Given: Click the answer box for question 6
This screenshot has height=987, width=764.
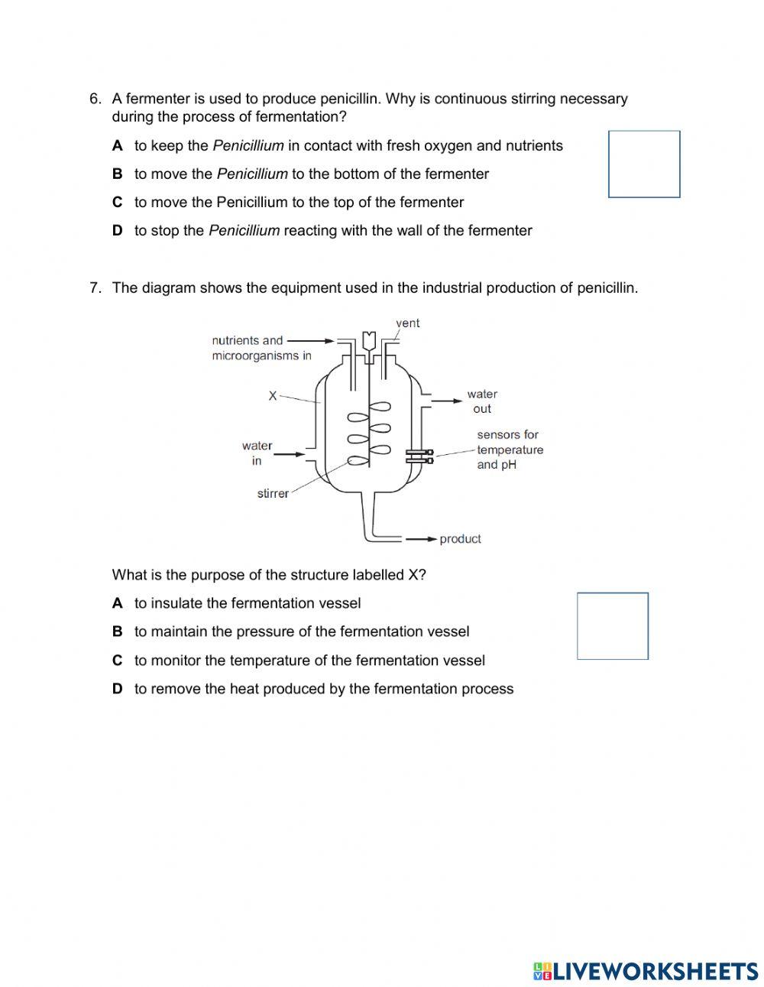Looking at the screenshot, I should (644, 164).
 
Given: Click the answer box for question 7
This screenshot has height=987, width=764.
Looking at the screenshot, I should (613, 625).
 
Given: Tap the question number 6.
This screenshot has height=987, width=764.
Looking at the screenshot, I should (95, 99).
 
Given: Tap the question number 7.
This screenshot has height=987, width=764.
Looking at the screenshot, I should (95, 288).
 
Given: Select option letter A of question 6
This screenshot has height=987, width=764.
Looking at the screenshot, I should (117, 146).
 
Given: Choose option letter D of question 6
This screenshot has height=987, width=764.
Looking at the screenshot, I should (117, 231).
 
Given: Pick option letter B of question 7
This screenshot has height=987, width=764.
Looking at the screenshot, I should (117, 632).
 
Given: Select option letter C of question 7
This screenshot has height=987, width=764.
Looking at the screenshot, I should (117, 661).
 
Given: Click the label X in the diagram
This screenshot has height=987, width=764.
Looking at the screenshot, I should (273, 396).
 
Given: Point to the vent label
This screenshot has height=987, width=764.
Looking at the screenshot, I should (408, 323).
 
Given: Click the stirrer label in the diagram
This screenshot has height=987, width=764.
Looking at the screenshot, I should (273, 494).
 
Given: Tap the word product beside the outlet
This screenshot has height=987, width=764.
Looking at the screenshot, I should (460, 539).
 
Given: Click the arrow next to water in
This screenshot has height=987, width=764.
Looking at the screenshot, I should (290, 454).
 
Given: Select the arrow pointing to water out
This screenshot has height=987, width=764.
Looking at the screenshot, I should (446, 399).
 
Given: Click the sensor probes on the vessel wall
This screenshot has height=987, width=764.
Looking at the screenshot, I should (419, 456).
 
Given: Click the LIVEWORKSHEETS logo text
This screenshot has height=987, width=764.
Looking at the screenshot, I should (654, 972).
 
